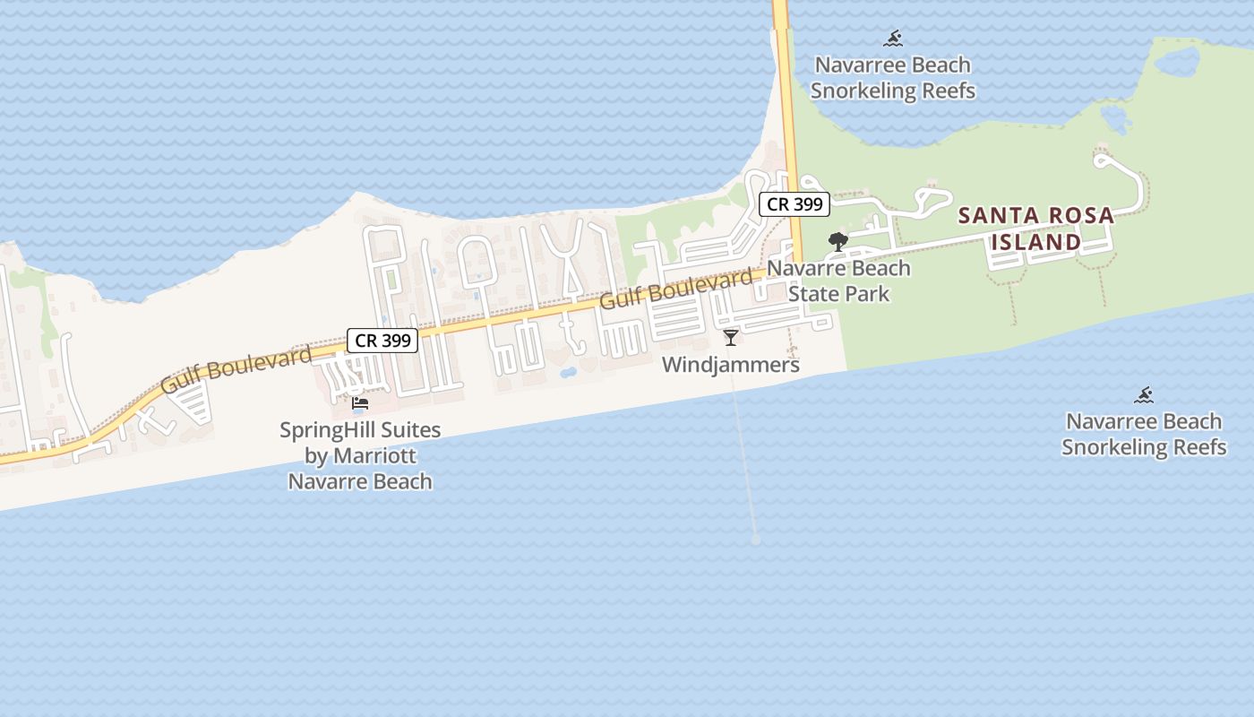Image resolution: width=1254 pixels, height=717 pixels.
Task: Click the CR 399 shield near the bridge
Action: (794, 204)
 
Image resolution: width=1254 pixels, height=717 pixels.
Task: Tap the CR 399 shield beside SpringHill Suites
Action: (382, 341)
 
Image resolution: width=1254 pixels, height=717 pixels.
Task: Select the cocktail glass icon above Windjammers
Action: (731, 338)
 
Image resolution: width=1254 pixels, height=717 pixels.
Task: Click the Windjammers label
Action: (731, 365)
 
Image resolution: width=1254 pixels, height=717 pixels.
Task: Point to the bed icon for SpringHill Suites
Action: (360, 403)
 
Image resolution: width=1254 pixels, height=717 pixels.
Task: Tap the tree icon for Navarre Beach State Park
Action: (837, 241)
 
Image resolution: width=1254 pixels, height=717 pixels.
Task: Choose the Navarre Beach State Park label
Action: (838, 281)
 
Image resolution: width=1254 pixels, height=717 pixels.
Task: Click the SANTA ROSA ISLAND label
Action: (1036, 229)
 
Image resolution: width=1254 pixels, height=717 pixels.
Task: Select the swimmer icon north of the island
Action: (893, 39)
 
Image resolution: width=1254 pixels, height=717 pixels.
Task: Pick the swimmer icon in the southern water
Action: (1144, 395)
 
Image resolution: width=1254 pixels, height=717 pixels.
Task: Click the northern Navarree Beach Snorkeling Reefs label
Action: (892, 78)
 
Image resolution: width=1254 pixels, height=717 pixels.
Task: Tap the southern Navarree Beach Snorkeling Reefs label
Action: (1144, 435)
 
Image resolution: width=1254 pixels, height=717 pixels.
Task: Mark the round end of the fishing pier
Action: (755, 540)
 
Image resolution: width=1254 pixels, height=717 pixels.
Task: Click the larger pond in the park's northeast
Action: (1176, 61)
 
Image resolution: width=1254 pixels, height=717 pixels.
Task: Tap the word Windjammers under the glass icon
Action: (731, 365)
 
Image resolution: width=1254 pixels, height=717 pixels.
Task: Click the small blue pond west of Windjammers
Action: (566, 371)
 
